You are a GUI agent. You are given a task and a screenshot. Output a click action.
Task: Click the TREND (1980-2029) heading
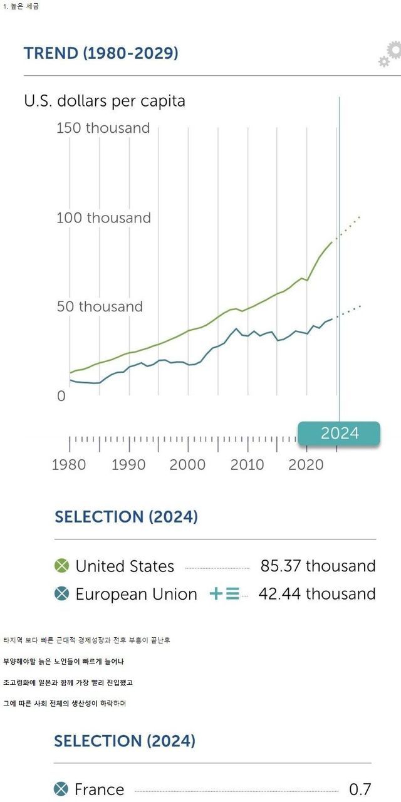click(101, 53)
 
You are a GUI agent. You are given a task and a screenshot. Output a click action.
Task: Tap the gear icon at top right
click(390, 55)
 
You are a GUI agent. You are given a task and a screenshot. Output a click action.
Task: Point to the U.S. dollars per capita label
click(105, 101)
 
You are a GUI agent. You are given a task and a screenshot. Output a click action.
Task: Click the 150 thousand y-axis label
click(103, 128)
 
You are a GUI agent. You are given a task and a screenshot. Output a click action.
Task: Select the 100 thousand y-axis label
click(103, 218)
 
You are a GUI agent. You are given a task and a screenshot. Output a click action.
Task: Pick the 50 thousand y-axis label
click(100, 306)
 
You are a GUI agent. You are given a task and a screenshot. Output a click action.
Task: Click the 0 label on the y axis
click(61, 396)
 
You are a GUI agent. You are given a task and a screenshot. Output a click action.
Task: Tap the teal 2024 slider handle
click(339, 433)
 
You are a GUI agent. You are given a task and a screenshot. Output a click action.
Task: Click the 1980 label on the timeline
click(69, 464)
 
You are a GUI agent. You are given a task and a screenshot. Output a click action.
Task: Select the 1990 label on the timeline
click(128, 464)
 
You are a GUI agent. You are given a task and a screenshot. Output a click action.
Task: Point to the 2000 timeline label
click(187, 464)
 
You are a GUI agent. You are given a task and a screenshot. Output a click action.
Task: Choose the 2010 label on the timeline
click(247, 464)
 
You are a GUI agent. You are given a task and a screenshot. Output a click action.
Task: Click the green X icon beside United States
click(61, 566)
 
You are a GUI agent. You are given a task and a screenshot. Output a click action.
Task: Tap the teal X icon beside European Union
click(61, 593)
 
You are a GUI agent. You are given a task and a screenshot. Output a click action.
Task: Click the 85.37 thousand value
click(318, 566)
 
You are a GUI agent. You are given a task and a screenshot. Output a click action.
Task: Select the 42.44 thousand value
click(317, 593)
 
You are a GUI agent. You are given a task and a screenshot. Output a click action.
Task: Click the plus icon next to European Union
click(216, 593)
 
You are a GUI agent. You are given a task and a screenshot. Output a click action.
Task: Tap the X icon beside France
click(61, 789)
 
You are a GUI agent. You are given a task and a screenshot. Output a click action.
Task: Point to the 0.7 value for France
click(360, 789)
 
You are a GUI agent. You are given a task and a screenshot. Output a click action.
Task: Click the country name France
click(99, 789)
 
